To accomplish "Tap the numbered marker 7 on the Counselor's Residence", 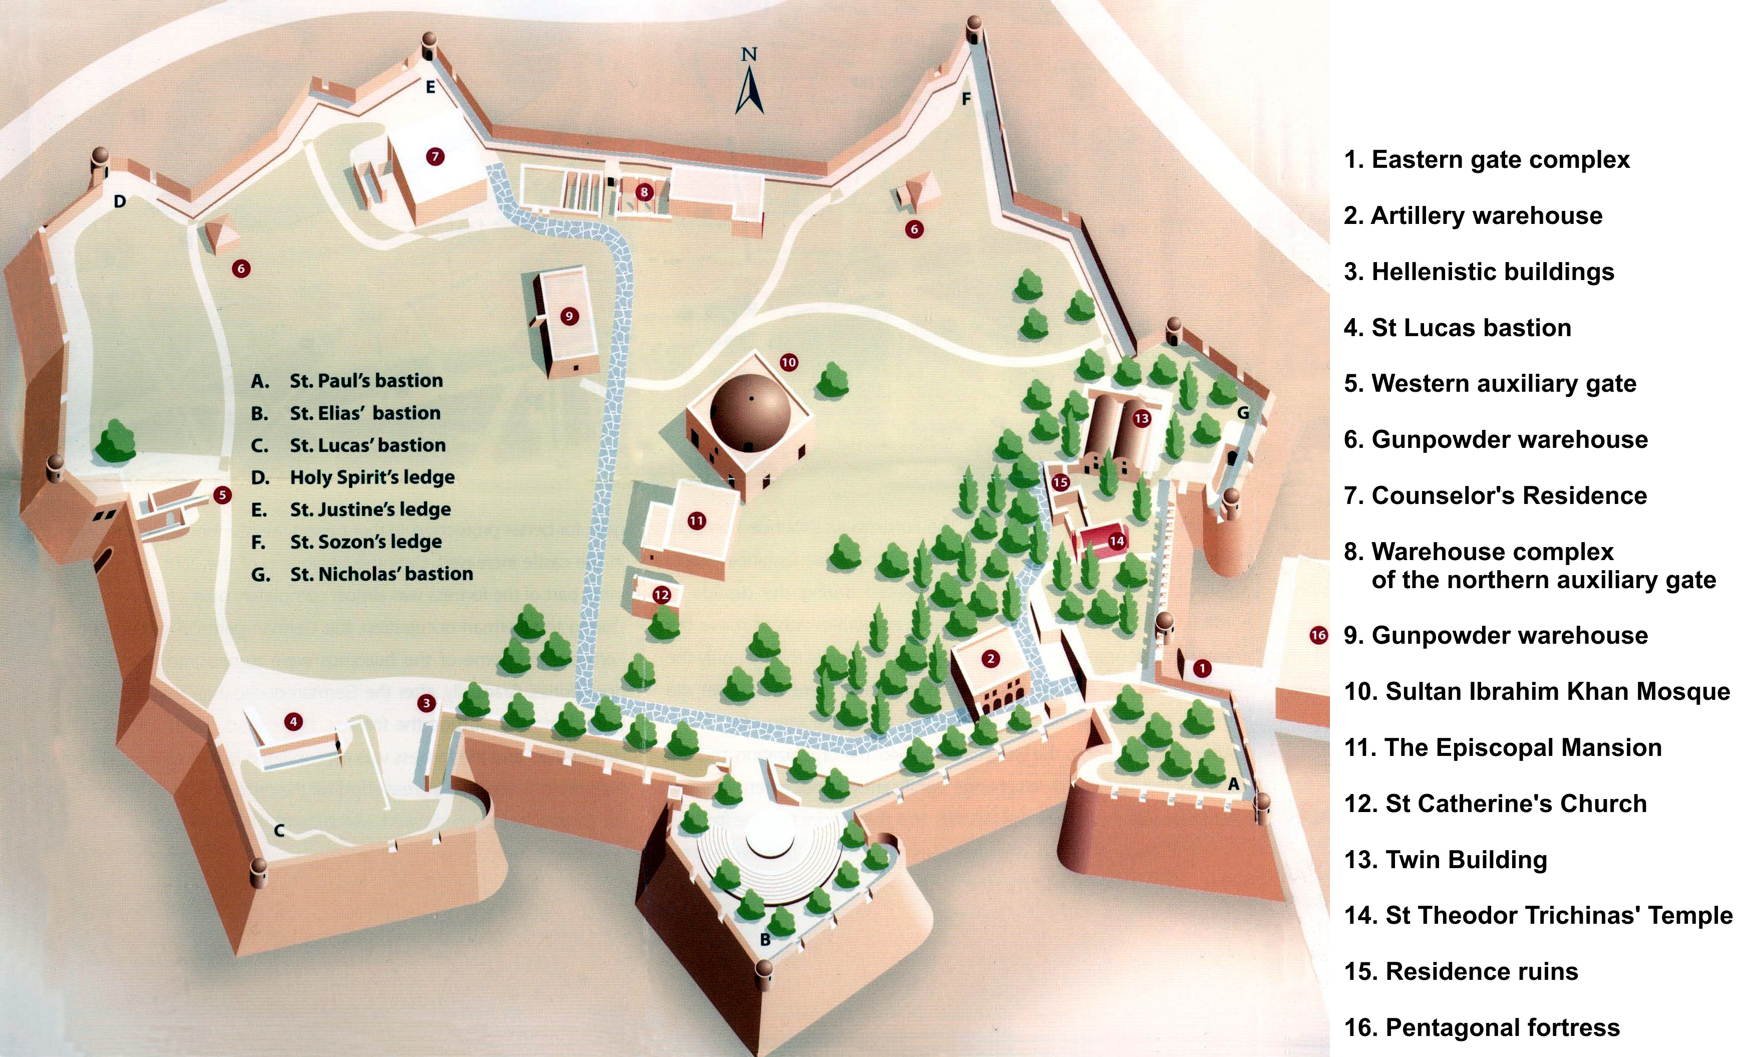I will point(435,156).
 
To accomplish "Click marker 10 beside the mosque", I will point(789,362).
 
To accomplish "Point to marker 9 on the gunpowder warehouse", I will point(569,316).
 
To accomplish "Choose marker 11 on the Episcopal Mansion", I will point(696,521).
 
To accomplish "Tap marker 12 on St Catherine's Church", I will point(661,595).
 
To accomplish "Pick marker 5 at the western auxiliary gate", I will point(222,494).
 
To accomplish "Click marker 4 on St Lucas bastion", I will point(293,721).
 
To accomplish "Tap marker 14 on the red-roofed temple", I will point(1117,541).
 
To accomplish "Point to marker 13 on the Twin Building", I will point(1141,418).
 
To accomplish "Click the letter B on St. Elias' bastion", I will point(765,940).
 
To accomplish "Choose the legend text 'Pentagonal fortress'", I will point(1502,1027).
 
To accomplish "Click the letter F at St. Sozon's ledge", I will point(966,99).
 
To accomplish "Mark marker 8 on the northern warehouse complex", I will point(643,191).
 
